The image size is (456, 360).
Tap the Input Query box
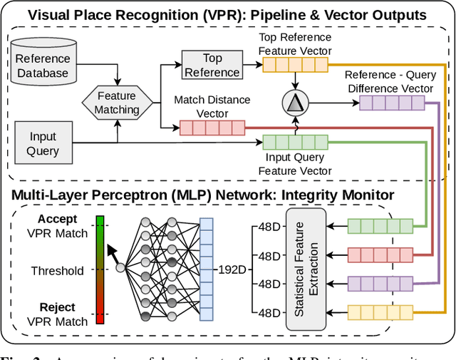43,143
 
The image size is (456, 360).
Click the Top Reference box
212,65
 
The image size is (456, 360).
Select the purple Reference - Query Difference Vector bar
391,104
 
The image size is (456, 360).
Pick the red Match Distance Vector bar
212,128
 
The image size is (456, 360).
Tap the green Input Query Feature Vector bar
295,142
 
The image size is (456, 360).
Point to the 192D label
232,271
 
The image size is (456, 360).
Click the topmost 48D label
270,228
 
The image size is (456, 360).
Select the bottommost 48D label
270,312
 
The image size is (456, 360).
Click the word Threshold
57,271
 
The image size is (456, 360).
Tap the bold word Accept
58,220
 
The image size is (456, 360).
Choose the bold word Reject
57,307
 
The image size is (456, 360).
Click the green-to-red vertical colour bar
100,270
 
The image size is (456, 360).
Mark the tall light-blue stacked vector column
206,270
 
